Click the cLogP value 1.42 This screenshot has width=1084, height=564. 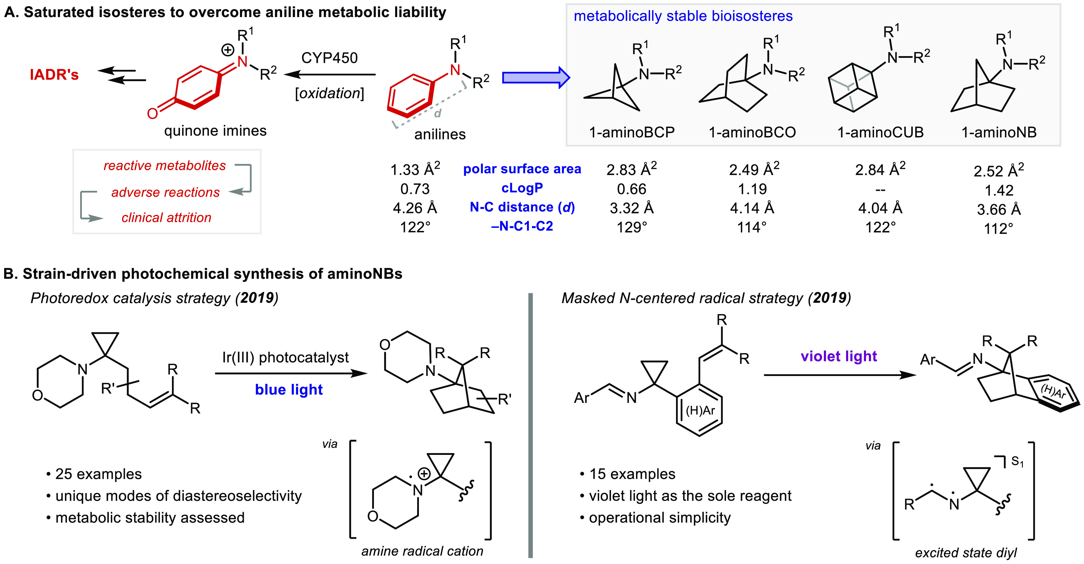tap(999, 191)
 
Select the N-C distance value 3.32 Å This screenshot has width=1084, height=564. tap(632, 208)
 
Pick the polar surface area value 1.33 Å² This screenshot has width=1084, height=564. tap(415, 169)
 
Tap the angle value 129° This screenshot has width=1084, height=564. tap(632, 227)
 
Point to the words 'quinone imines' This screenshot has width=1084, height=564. tap(215, 131)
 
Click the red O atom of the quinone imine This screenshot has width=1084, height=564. tap(152, 113)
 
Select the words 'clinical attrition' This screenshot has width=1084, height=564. tap(166, 217)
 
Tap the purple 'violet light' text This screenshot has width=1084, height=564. tap(839, 357)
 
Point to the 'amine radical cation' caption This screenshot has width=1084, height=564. tap(422, 551)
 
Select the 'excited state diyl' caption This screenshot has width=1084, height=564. tap(966, 552)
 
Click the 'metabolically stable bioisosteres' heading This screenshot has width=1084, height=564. tap(683, 16)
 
